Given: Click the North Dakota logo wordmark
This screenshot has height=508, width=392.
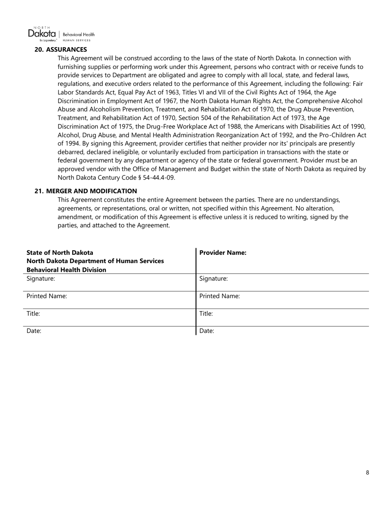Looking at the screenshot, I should pyautogui.click(x=42, y=33).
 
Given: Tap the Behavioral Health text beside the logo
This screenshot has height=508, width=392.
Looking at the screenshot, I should pyautogui.click(x=78, y=35).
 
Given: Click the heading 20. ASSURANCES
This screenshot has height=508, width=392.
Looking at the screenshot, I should pyautogui.click(x=61, y=50).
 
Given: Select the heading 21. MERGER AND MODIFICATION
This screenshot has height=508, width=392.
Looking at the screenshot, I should pyautogui.click(x=85, y=191).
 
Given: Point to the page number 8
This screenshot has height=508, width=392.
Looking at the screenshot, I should pyautogui.click(x=367, y=472).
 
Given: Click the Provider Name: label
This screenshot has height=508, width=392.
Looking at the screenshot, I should pyautogui.click(x=223, y=253).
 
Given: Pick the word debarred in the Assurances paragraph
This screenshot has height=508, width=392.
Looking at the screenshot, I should pyautogui.click(x=71, y=152).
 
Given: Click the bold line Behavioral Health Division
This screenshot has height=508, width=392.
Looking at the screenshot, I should pyautogui.click(x=66, y=270).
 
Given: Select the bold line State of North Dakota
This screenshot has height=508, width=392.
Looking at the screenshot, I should pyautogui.click(x=60, y=253).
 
